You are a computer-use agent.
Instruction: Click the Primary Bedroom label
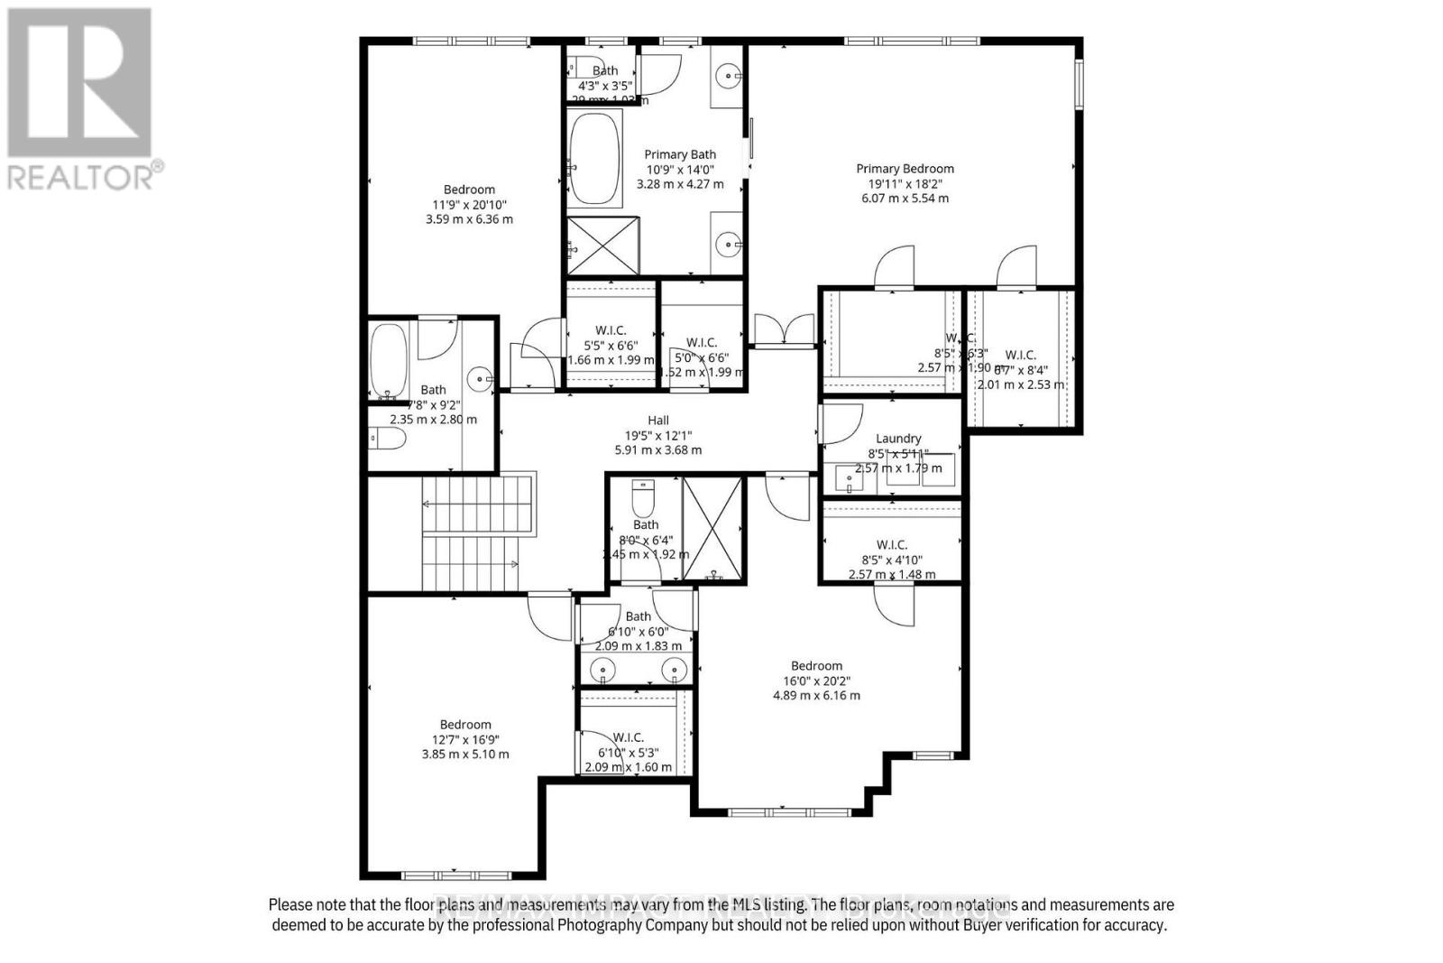[905, 169]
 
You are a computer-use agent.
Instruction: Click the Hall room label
[657, 421]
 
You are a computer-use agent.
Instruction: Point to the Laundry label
[897, 439]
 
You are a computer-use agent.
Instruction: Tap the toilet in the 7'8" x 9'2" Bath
[389, 439]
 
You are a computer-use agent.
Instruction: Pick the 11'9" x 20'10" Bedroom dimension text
[469, 205]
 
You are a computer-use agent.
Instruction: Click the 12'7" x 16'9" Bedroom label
[465, 725]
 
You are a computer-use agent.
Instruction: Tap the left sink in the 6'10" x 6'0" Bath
[602, 670]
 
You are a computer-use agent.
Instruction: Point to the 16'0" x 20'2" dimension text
[816, 681]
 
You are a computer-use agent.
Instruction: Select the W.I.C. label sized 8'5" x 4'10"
[891, 545]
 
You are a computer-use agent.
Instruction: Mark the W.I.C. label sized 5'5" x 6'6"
[611, 330]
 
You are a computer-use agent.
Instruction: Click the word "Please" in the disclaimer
[288, 904]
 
